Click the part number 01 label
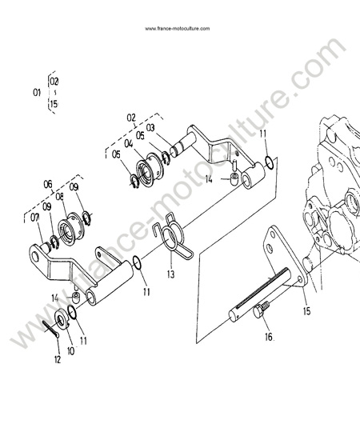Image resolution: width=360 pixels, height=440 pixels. coord(37,92)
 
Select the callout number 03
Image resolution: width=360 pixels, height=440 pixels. coord(150,128)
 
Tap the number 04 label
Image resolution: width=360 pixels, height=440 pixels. coord(129,144)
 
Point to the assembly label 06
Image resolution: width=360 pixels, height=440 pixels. coord(48,184)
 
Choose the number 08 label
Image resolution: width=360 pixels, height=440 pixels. coord(59,197)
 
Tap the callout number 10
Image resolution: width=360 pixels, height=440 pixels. coord(71,350)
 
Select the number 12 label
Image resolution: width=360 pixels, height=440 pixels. coord(58,359)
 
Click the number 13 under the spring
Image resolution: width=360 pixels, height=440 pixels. coord(170,274)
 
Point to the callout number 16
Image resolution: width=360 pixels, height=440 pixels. coord(269,337)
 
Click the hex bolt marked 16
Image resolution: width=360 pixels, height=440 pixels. coord(262,310)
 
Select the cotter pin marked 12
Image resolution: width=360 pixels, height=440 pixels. coord(51,328)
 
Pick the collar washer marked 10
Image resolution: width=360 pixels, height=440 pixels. coord(62,318)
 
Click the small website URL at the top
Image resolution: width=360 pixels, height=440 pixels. coord(178,29)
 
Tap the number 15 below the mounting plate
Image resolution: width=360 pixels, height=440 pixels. coord(307,310)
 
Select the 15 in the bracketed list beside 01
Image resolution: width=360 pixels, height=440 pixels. coord(54,104)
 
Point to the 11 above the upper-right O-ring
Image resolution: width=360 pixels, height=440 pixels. coord(263,134)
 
